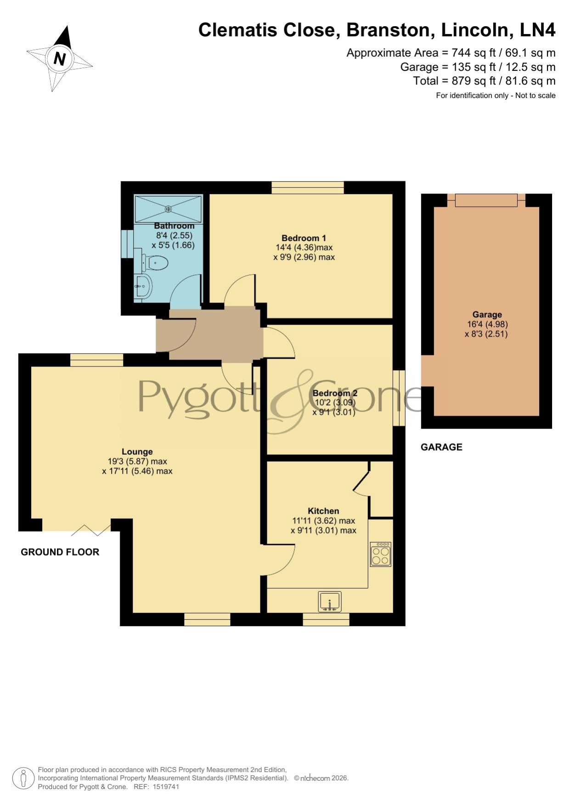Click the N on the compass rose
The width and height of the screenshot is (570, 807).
click(x=60, y=59)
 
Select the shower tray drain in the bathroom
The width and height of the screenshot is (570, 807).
click(x=168, y=209)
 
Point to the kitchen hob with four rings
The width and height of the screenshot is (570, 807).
click(x=381, y=554)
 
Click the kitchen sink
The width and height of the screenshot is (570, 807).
click(x=330, y=601)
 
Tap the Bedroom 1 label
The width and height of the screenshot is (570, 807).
click(x=304, y=238)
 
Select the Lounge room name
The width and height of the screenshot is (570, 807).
click(x=137, y=452)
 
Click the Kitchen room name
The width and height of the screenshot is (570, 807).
click(x=323, y=511)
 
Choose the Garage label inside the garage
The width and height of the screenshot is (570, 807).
click(x=487, y=315)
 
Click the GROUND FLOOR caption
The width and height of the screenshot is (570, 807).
click(x=60, y=552)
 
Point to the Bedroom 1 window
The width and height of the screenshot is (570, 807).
click(x=308, y=188)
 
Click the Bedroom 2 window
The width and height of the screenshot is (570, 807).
click(x=399, y=398)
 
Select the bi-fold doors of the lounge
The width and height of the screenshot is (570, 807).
click(x=91, y=530)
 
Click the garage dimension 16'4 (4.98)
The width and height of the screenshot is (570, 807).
click(x=487, y=324)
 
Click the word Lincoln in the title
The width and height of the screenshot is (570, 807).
click(x=477, y=30)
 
